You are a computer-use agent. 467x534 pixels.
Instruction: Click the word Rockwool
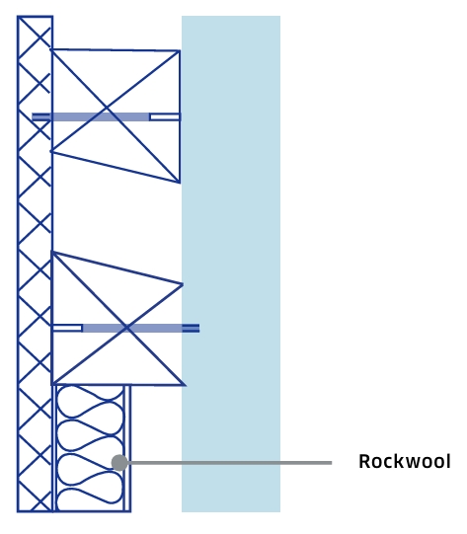[405, 462]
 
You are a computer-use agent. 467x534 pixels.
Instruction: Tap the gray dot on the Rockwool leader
[119, 463]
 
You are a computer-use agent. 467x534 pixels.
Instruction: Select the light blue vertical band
[231, 264]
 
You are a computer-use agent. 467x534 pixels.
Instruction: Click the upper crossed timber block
[116, 115]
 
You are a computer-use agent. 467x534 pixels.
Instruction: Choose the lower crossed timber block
[117, 319]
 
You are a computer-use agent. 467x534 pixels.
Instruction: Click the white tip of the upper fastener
[165, 117]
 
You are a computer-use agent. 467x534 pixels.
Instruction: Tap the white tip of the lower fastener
[67, 329]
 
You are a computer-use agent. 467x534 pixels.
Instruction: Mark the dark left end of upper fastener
[40, 117]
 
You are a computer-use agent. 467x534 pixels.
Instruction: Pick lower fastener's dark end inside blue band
[191, 329]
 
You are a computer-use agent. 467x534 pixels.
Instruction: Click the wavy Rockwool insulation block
[90, 448]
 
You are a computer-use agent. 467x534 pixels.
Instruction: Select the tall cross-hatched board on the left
[35, 264]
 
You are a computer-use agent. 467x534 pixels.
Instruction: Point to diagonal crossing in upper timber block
[107, 109]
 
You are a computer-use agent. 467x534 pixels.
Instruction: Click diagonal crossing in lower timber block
[126, 328]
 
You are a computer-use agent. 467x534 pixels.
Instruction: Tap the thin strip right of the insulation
[127, 448]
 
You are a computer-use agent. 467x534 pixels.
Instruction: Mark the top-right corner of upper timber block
[180, 51]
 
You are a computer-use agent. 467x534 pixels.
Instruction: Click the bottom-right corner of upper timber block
[180, 183]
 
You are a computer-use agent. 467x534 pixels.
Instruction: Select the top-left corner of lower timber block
[52, 252]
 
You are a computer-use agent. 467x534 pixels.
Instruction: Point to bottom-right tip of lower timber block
[186, 385]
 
